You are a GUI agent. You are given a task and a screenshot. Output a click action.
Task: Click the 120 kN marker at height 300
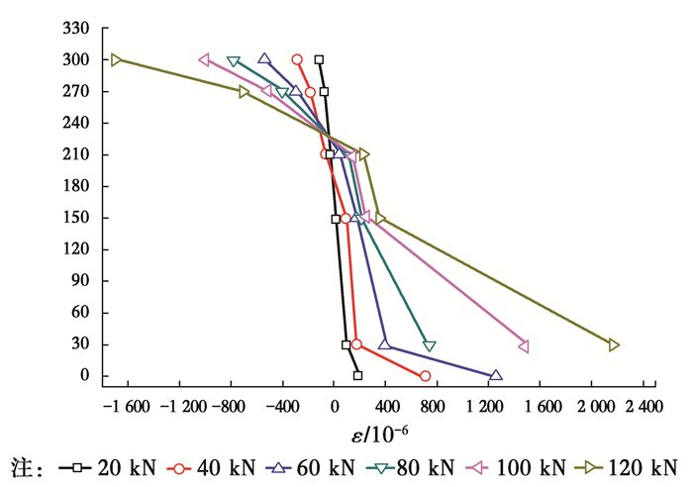pyautogui.click(x=116, y=59)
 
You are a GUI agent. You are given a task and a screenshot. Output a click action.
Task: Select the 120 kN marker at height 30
pyautogui.click(x=614, y=344)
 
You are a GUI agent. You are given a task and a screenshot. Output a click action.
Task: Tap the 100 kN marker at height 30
pyautogui.click(x=524, y=345)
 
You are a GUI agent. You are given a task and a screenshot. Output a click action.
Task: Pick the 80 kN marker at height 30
pyautogui.click(x=430, y=345)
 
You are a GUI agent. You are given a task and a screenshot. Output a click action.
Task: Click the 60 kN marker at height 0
pyautogui.click(x=496, y=375)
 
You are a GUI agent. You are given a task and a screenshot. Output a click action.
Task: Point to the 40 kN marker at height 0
pyautogui.click(x=426, y=376)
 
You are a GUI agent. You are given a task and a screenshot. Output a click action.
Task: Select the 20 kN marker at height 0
pyautogui.click(x=357, y=375)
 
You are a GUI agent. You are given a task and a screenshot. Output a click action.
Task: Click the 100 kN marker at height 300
pyautogui.click(x=204, y=59)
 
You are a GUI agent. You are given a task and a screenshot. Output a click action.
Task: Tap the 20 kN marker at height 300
pyautogui.click(x=319, y=59)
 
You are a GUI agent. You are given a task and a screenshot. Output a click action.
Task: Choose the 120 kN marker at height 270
pyautogui.click(x=244, y=91)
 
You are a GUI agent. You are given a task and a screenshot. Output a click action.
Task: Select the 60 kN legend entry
pyautogui.click(x=316, y=466)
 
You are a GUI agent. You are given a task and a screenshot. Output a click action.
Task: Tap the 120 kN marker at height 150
pyautogui.click(x=380, y=218)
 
